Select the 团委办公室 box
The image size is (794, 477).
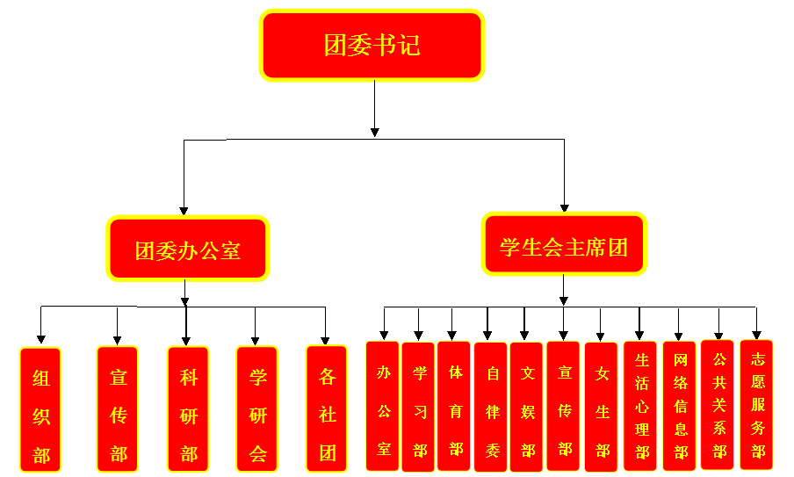pos(188,249)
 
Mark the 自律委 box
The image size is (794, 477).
pos(491,407)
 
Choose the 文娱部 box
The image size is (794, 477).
pos(527,407)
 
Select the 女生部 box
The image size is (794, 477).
pos(602,407)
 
